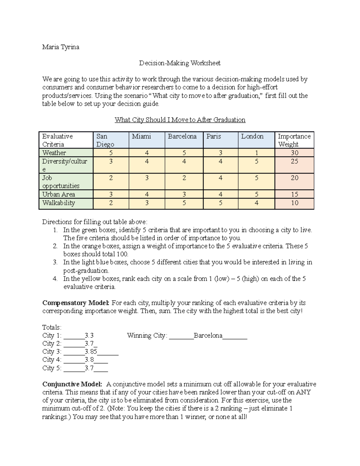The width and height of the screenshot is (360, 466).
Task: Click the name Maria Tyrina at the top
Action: [61, 47]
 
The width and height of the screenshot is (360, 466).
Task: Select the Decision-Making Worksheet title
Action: [179, 63]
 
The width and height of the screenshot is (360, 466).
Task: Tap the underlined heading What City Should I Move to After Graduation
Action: [180, 120]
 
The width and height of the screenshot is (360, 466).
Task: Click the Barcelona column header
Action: [182, 137]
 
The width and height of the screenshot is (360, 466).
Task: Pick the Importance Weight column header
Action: [294, 140]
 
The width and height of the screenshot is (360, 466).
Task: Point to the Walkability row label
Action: [58, 203]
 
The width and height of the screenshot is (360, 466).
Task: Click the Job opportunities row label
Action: [61, 182]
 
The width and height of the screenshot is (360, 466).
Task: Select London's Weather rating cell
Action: [256, 153]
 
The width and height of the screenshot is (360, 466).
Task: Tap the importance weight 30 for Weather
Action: [294, 153]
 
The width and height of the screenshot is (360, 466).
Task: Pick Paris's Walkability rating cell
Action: [220, 203]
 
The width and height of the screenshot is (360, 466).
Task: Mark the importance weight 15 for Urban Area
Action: [294, 194]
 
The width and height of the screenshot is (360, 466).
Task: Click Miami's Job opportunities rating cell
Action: [147, 178]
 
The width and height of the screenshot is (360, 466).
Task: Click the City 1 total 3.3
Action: [89, 335]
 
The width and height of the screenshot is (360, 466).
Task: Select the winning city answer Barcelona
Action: [208, 335]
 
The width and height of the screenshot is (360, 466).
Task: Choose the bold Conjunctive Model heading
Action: [72, 384]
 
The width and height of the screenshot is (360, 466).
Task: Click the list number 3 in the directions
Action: [55, 262]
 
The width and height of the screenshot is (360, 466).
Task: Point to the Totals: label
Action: [52, 327]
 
